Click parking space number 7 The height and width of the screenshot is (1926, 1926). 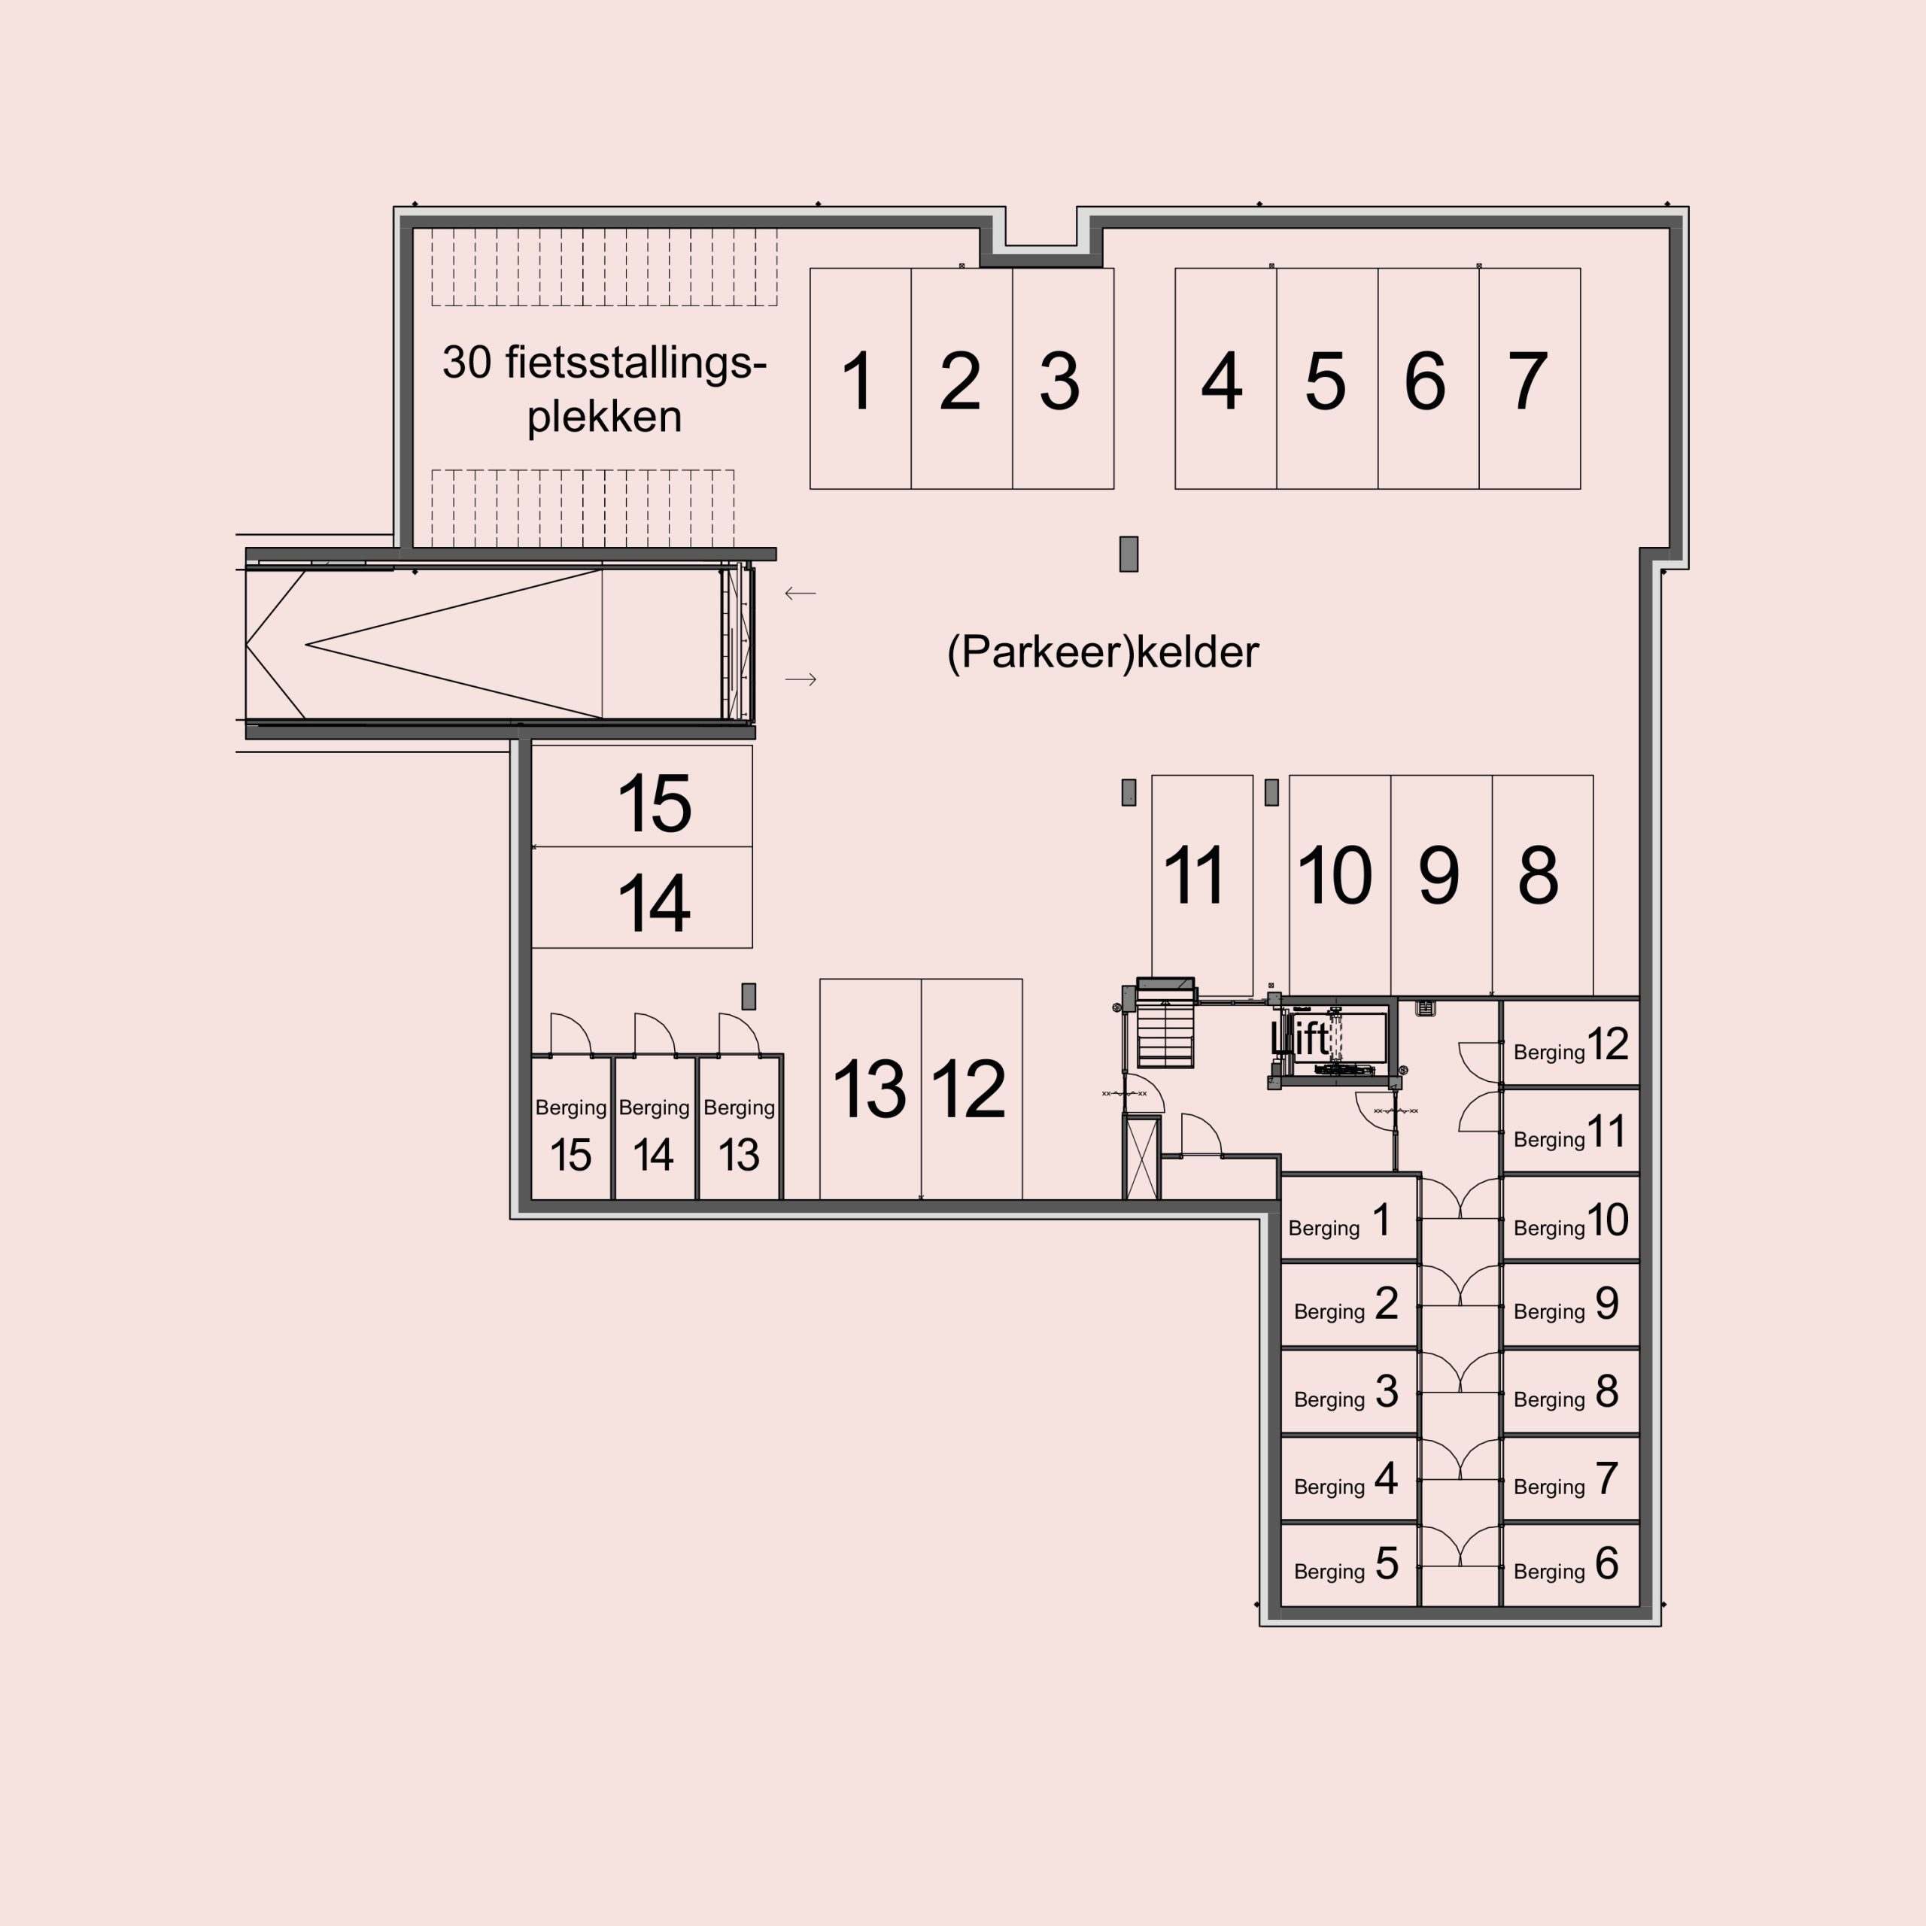pyautogui.click(x=1530, y=379)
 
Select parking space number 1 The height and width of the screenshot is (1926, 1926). pyautogui.click(x=861, y=379)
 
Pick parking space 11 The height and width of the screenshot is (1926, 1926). pyautogui.click(x=1202, y=886)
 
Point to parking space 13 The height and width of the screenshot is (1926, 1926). pyautogui.click(x=870, y=1089)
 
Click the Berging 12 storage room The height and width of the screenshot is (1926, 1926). pyautogui.click(x=1570, y=1043)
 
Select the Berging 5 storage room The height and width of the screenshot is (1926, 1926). pyautogui.click(x=1349, y=1564)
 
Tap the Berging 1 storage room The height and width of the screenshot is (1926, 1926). pyautogui.click(x=1349, y=1218)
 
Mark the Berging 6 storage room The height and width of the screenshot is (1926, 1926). pyautogui.click(x=1570, y=1564)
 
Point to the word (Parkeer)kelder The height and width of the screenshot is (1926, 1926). pyautogui.click(x=1103, y=652)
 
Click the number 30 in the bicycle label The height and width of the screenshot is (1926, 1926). pyautogui.click(x=466, y=362)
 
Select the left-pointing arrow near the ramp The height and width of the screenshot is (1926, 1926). pyautogui.click(x=800, y=593)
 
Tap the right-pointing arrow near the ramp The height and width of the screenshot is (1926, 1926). pyautogui.click(x=800, y=680)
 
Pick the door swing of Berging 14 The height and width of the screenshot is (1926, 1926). pyautogui.click(x=655, y=1034)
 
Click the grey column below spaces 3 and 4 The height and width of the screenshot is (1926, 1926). pyautogui.click(x=1129, y=554)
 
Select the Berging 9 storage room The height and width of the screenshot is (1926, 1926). pyautogui.click(x=1570, y=1304)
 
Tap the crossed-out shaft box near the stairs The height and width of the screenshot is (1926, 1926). pyautogui.click(x=1143, y=1159)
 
